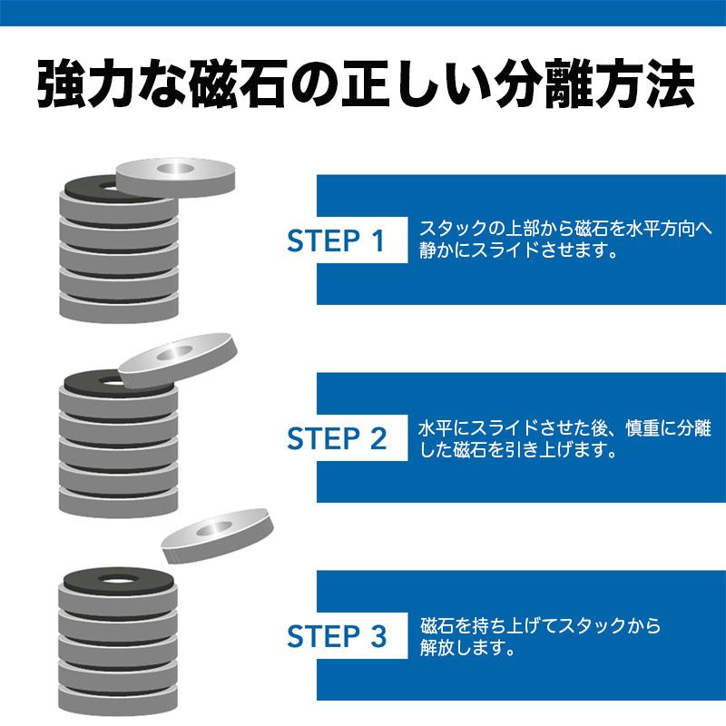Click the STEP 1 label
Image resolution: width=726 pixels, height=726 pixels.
tap(336, 240)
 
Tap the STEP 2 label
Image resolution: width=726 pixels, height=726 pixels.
tap(337, 438)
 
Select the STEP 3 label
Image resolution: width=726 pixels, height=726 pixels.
tap(337, 636)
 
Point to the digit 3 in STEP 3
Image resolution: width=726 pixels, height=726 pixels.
tap(378, 636)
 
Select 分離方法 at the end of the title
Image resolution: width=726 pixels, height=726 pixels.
tap(594, 83)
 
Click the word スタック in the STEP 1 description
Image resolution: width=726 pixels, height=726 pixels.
tap(454, 229)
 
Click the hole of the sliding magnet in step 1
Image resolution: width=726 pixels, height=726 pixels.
tap(175, 169)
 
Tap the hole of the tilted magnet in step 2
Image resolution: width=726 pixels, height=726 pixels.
tap(175, 353)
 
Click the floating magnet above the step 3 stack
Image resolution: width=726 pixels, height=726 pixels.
tap(218, 536)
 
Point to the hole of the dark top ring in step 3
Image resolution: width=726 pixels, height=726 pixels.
tap(119, 579)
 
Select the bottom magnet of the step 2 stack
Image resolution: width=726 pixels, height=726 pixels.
tap(119, 501)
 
